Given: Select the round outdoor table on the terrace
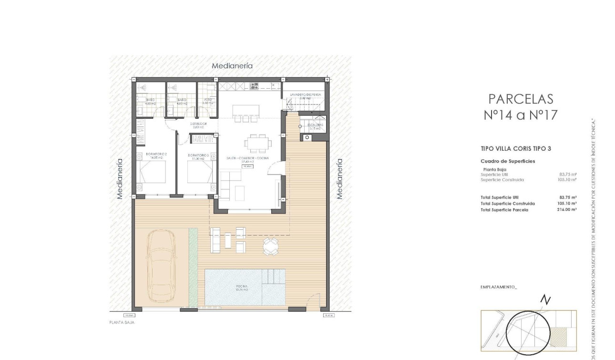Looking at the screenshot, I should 270,246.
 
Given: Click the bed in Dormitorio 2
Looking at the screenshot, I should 153,172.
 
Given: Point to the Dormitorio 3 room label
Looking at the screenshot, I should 199,155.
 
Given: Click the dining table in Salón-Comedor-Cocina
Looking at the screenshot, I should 257,143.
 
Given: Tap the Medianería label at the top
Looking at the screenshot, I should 232,66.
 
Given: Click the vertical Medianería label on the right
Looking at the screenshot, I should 339,178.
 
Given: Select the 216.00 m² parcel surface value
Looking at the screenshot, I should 567,210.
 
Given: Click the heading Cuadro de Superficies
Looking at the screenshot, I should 508,161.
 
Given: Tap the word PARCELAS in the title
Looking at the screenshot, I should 521,99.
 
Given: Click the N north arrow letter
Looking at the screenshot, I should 545,300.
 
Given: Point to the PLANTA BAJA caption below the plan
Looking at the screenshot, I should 122,323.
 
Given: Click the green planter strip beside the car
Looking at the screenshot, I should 193,267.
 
